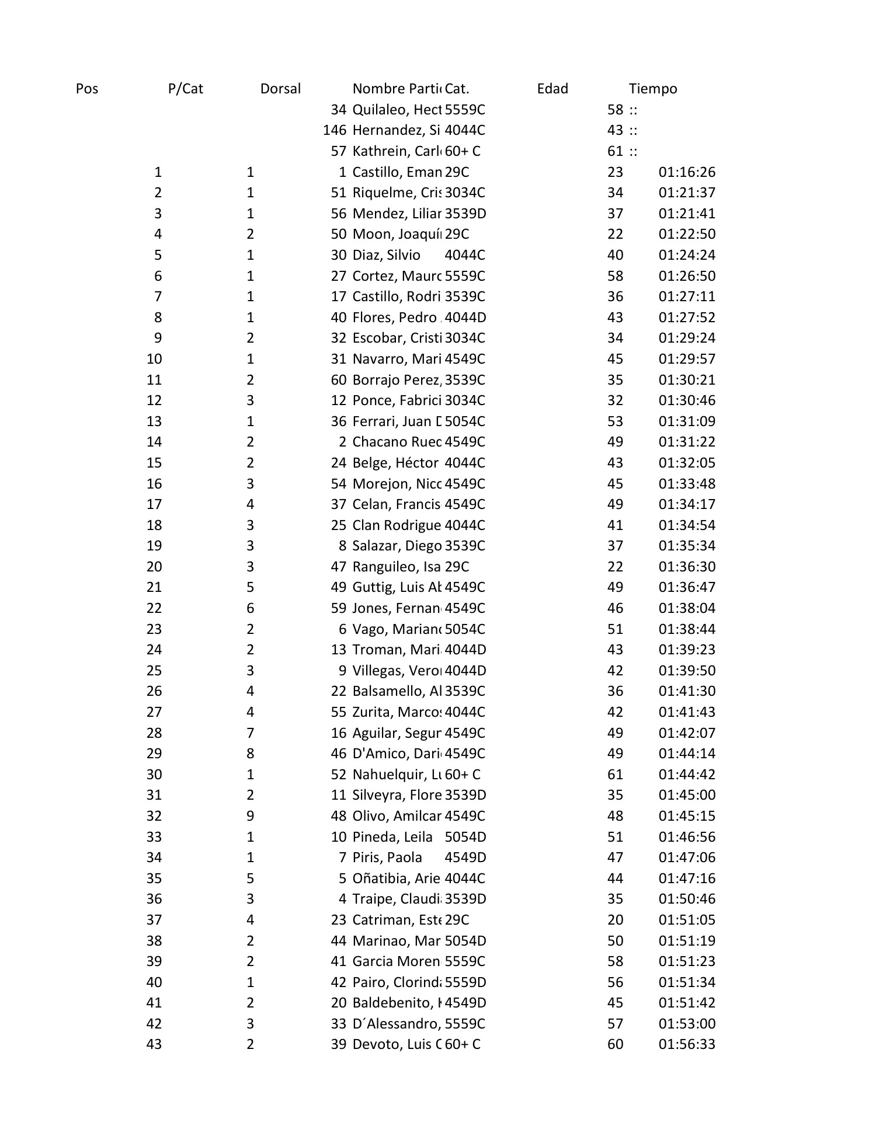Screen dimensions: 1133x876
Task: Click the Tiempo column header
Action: coord(653,89)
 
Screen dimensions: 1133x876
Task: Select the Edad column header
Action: coord(552,89)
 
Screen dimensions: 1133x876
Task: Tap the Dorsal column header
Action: coord(280,89)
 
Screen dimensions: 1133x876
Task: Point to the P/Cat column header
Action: coord(185,89)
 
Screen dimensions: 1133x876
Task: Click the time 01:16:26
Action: coord(687,172)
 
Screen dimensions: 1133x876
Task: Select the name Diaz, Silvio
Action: coord(386,255)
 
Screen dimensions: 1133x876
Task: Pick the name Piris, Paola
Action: coord(387,857)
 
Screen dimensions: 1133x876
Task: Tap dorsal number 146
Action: coord(335,130)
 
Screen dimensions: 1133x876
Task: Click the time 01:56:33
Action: coord(687,1044)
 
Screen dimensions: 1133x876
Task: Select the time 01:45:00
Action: coord(687,795)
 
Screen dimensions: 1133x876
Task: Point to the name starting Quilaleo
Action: coord(397,110)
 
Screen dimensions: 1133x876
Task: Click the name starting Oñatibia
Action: coord(397,878)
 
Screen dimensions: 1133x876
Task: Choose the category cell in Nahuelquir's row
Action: coord(463,775)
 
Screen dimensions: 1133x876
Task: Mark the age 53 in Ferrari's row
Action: coord(615,421)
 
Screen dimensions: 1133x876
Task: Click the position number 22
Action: coord(154,608)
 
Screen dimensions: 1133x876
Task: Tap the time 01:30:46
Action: coord(687,400)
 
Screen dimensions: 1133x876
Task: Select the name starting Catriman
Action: coord(397,920)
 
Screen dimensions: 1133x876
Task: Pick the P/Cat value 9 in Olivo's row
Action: coord(250,816)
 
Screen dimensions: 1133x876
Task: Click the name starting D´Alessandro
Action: coord(397,1024)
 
